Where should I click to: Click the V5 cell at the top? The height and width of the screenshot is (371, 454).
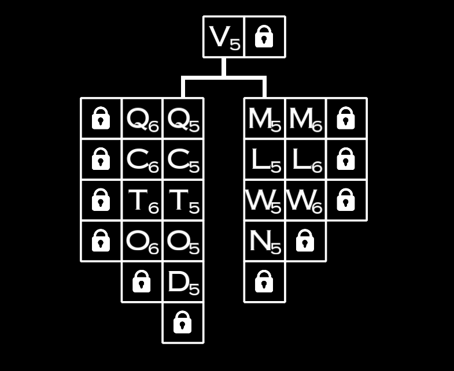224,37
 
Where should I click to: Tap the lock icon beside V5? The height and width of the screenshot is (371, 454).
264,37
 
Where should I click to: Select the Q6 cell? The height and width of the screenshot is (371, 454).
142,118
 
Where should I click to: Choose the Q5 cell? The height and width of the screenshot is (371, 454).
183,118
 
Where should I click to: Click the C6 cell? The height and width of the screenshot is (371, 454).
142,159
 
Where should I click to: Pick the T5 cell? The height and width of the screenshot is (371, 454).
183,201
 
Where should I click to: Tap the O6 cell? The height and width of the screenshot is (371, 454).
142,241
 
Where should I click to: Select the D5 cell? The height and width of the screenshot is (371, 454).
183,282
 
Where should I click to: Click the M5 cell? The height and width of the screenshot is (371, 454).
264,118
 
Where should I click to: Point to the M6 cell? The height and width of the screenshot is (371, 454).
305,118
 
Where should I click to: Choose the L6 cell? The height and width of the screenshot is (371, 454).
305,159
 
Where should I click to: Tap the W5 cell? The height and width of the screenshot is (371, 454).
264,201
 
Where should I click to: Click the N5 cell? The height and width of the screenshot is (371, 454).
264,241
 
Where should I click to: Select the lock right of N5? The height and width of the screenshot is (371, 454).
305,241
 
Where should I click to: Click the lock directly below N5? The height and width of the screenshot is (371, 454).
264,282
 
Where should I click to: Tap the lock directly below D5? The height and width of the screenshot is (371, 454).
183,322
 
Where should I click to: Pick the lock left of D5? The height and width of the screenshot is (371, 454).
142,282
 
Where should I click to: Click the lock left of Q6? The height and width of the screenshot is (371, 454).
101,118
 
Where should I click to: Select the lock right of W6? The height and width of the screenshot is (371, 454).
346,201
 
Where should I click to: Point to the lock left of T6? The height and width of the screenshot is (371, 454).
101,201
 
